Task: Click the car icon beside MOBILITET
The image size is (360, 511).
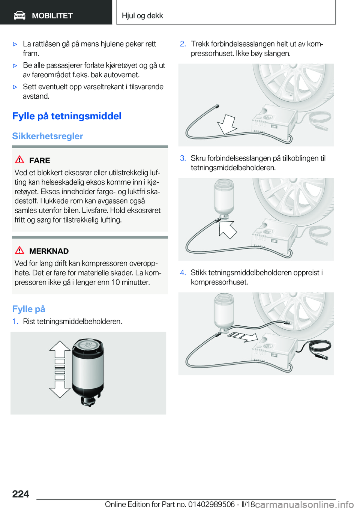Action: point(19,16)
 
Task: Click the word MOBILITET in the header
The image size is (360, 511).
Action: point(52,16)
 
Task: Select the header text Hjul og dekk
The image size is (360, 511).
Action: point(142,15)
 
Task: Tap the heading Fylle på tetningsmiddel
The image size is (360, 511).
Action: point(67,116)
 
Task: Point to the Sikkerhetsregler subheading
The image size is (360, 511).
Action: point(48,136)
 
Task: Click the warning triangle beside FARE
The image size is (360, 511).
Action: point(19,159)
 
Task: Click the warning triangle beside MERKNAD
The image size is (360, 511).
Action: point(19,250)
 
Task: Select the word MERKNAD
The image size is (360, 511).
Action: point(49,251)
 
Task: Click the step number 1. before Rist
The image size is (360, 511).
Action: point(15,322)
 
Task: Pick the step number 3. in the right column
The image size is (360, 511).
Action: point(183,158)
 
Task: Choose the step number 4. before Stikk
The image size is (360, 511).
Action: point(183,272)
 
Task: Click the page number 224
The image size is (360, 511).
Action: point(21,494)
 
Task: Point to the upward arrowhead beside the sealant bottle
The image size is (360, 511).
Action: point(60,346)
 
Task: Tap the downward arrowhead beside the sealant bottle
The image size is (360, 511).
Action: point(60,393)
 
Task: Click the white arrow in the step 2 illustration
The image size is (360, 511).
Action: point(227,124)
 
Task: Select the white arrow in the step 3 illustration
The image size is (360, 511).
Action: point(228,230)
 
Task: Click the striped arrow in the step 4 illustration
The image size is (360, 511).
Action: point(243,337)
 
